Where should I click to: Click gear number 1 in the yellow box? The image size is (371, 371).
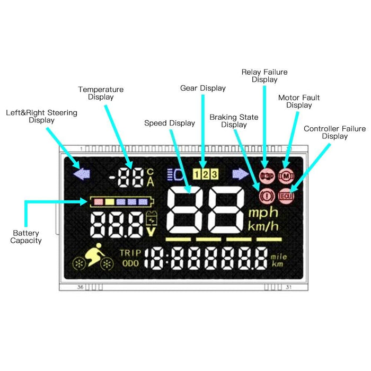pos(197,173)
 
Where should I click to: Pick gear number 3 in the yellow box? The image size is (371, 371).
pos(214,173)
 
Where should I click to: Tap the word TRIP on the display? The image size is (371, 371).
pos(130,253)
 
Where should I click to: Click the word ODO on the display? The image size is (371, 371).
pos(130,263)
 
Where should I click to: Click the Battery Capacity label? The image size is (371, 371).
pos(27,237)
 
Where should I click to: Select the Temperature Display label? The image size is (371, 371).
pos(101,93)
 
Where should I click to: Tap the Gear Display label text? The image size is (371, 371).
pos(202,88)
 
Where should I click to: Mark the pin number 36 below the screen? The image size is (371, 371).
pos(81,287)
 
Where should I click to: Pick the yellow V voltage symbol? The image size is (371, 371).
pos(151,231)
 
